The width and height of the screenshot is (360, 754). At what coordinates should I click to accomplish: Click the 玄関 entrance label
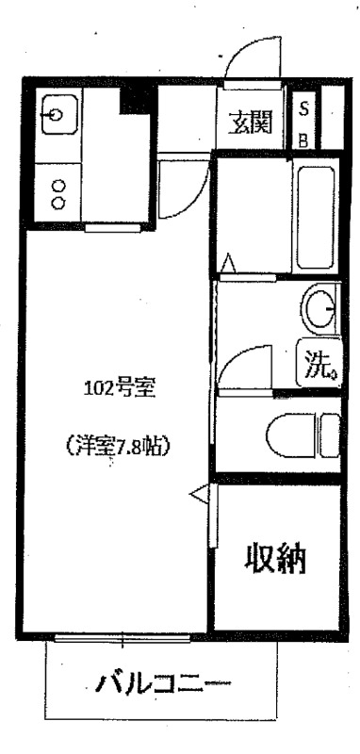coord(250,123)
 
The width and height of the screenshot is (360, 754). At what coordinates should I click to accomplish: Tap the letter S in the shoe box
coord(303,109)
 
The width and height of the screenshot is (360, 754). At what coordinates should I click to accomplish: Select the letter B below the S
coord(303,140)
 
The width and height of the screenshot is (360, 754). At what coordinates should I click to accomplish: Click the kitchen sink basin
coord(59,114)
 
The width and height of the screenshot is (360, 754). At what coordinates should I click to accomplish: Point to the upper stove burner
coord(58,186)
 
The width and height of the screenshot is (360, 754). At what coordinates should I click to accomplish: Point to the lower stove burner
coord(58,203)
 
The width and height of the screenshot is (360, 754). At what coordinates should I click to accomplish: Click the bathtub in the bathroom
coord(316,218)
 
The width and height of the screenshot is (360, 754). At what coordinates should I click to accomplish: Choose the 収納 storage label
coord(276,558)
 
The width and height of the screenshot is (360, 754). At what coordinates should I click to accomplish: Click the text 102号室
coord(120,387)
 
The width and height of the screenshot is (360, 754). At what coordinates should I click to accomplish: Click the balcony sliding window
coord(123,638)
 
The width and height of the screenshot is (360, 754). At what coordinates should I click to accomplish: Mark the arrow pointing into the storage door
coord(199,494)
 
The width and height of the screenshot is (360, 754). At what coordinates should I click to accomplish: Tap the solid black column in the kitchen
coord(138,98)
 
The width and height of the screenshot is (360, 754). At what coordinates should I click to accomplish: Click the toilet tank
coord(331,435)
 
